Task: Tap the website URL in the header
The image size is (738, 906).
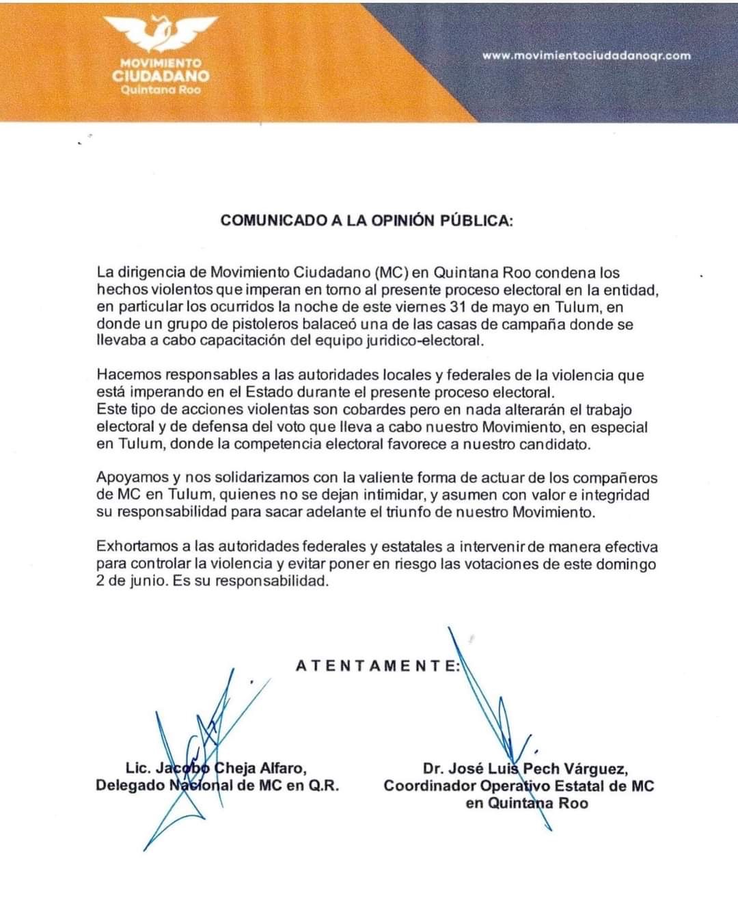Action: tap(586, 56)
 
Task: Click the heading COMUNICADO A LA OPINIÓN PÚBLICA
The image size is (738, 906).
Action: tap(366, 221)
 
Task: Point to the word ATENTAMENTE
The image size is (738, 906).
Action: tap(378, 665)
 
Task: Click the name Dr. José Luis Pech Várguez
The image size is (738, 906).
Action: tap(525, 769)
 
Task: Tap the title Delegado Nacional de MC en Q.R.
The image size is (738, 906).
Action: tap(217, 786)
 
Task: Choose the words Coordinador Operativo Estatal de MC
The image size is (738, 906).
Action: tap(519, 786)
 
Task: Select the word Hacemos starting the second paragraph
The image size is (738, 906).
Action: tap(127, 375)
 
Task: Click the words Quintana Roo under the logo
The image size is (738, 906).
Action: tap(161, 90)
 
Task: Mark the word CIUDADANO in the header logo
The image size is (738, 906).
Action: tap(161, 76)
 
